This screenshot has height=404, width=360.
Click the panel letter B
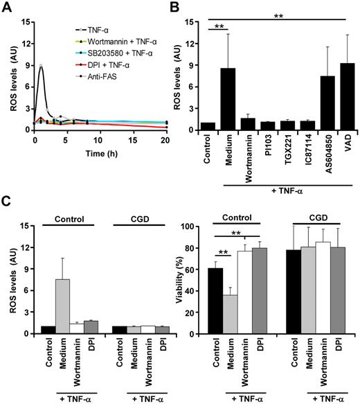190,6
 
